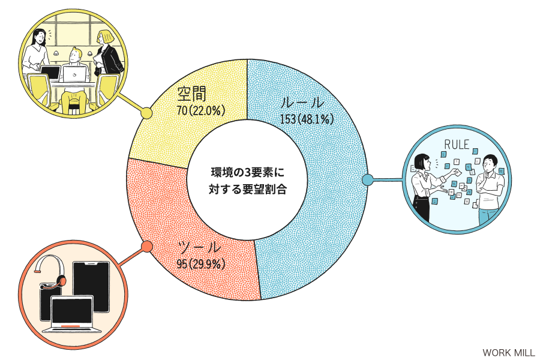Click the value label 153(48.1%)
[307, 119]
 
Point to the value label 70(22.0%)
[201, 110]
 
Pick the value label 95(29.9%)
[201, 264]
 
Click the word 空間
[192, 94]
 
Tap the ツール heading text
[199, 247]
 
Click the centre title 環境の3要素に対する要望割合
[248, 181]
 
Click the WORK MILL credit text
[509, 352]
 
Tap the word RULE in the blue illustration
[457, 145]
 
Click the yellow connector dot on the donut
[147, 113]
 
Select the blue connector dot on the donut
[368, 179]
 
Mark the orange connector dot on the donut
[147, 246]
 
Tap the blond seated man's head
[75, 55]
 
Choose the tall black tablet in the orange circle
[92, 287]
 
